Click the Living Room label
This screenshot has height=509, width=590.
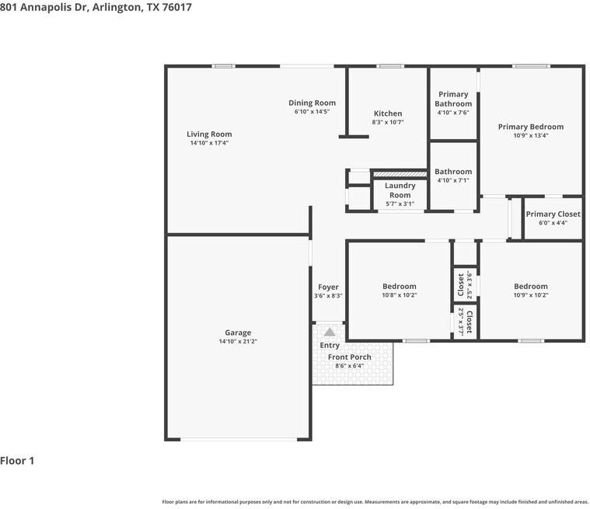tap(209, 134)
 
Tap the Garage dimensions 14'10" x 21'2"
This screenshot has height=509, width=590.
tap(238, 341)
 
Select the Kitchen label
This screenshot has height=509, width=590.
tap(388, 113)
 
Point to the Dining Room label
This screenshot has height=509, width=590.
tap(312, 103)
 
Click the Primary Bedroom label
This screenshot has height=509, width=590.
tap(531, 127)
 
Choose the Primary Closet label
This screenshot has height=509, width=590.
tap(553, 214)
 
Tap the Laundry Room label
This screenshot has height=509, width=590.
tap(400, 190)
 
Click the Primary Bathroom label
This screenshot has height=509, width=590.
tap(453, 99)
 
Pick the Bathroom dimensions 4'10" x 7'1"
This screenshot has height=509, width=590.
tap(453, 180)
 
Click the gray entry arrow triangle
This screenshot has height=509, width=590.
tap(330, 332)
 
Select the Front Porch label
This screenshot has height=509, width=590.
tap(350, 357)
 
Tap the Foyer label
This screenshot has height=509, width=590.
tap(328, 287)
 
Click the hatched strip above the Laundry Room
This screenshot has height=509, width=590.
tap(400, 174)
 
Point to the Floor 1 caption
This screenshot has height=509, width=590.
tap(17, 461)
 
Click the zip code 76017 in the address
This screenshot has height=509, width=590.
tap(177, 7)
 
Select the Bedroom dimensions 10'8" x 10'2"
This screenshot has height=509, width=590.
tap(400, 295)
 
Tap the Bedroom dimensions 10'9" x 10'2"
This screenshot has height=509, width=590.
tap(531, 295)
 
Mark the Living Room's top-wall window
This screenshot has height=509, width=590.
tap(223, 66)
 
